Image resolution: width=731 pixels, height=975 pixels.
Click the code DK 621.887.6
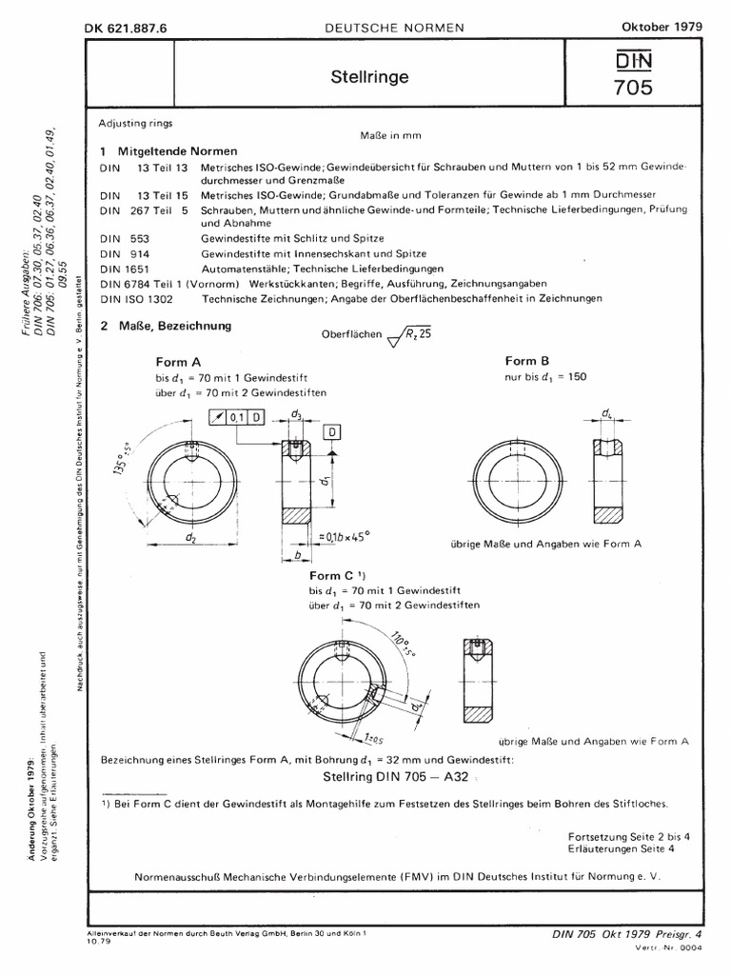[126, 29]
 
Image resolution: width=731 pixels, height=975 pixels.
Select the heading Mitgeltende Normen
[177, 151]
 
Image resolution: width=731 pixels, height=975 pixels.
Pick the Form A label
[178, 363]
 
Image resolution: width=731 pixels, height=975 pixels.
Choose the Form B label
[527, 362]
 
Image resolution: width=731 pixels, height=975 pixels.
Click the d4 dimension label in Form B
[606, 413]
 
